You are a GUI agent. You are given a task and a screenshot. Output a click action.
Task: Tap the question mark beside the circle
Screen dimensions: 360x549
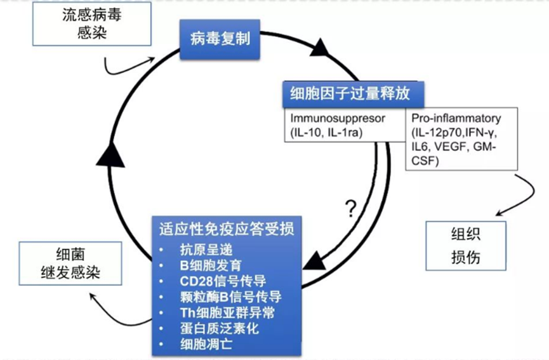(x=349, y=208)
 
